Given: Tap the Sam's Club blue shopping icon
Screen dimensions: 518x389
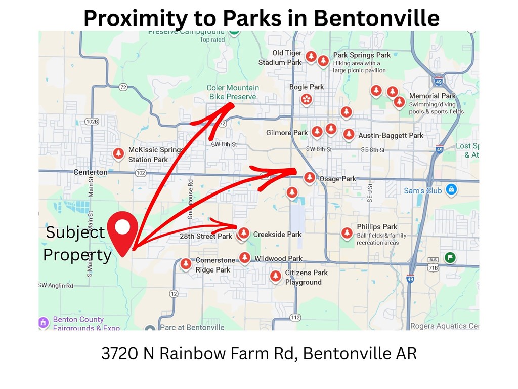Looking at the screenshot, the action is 451,190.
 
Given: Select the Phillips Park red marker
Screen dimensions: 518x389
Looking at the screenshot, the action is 347,233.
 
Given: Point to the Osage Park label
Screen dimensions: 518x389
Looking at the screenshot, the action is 337,179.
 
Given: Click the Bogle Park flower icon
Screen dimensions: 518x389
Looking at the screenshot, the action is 306,99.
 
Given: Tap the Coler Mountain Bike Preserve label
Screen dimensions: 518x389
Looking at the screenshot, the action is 233,92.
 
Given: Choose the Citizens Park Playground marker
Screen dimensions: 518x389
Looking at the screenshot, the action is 275,276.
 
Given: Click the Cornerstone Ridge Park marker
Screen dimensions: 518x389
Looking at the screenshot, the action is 186,264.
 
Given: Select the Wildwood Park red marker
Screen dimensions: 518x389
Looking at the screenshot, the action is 245,258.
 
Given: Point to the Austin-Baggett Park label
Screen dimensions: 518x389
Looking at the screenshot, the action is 391,135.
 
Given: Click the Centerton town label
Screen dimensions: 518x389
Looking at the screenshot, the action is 91,172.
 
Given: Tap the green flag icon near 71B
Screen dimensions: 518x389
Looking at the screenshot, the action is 449,257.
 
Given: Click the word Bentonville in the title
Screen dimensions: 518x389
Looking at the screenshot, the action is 376,18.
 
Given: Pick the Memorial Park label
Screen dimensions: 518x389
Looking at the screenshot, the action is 432,96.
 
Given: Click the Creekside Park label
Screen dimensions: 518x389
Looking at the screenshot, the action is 277,234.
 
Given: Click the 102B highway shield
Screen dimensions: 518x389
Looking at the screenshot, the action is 92,122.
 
